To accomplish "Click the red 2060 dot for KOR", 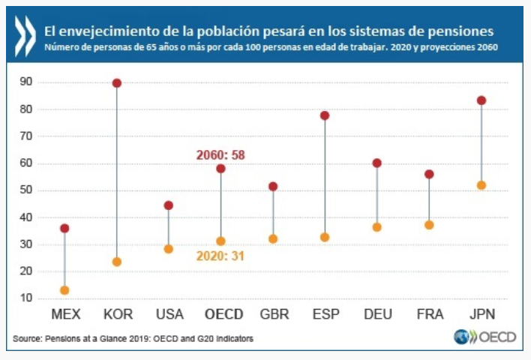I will pyautogui.click(x=116, y=83).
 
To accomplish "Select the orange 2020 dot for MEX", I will pyautogui.click(x=64, y=290).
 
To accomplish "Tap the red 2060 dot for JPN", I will pyautogui.click(x=481, y=100).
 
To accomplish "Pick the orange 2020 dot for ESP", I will pyautogui.click(x=325, y=237).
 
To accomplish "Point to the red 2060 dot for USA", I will pyautogui.click(x=169, y=205).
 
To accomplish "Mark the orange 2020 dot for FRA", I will pyautogui.click(x=429, y=225).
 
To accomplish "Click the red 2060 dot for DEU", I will pyautogui.click(x=377, y=163).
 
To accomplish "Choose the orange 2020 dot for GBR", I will pyautogui.click(x=273, y=239).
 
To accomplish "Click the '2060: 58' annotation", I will pyautogui.click(x=220, y=155).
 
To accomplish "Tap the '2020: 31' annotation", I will pyautogui.click(x=221, y=256).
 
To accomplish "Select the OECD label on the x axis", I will pyautogui.click(x=220, y=313).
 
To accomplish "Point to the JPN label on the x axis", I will pyautogui.click(x=481, y=313).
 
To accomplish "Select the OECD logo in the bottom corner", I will pyautogui.click(x=485, y=337).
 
